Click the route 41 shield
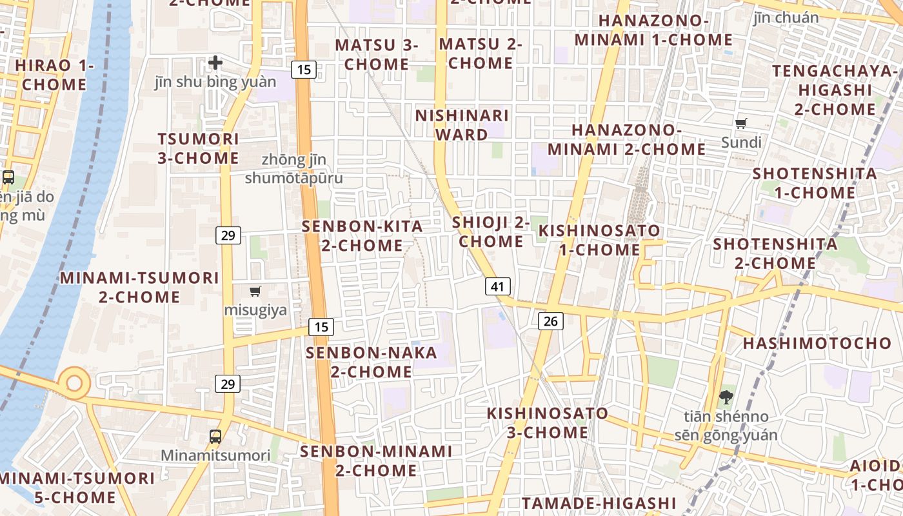[497, 286]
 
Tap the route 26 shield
[550, 321]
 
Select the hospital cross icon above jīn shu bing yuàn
[215, 63]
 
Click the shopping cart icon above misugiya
[255, 292]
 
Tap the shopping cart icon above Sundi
[741, 123]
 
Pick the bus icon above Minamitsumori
[215, 437]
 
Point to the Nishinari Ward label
[462, 125]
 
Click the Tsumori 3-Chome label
[199, 148]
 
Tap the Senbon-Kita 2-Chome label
[362, 236]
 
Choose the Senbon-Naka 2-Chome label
[372, 362]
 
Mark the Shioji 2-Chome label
[491, 232]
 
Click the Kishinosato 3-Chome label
[548, 422]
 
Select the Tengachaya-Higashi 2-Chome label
[835, 90]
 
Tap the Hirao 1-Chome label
[54, 75]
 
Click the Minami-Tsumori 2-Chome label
[139, 288]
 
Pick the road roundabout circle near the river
[74, 383]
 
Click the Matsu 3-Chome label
[377, 55]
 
